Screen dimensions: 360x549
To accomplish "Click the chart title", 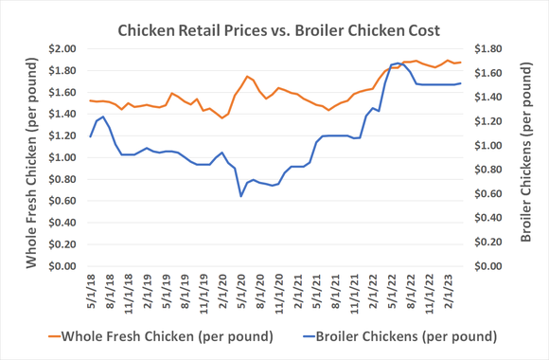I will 274,30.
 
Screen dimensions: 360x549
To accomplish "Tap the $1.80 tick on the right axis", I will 487,48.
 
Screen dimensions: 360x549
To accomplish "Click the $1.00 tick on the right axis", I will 487,145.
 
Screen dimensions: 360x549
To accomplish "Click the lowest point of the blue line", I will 241,195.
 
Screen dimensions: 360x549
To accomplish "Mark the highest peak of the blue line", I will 398,63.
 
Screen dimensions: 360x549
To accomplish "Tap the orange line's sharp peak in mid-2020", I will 247,77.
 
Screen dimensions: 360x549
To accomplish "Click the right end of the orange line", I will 461,63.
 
